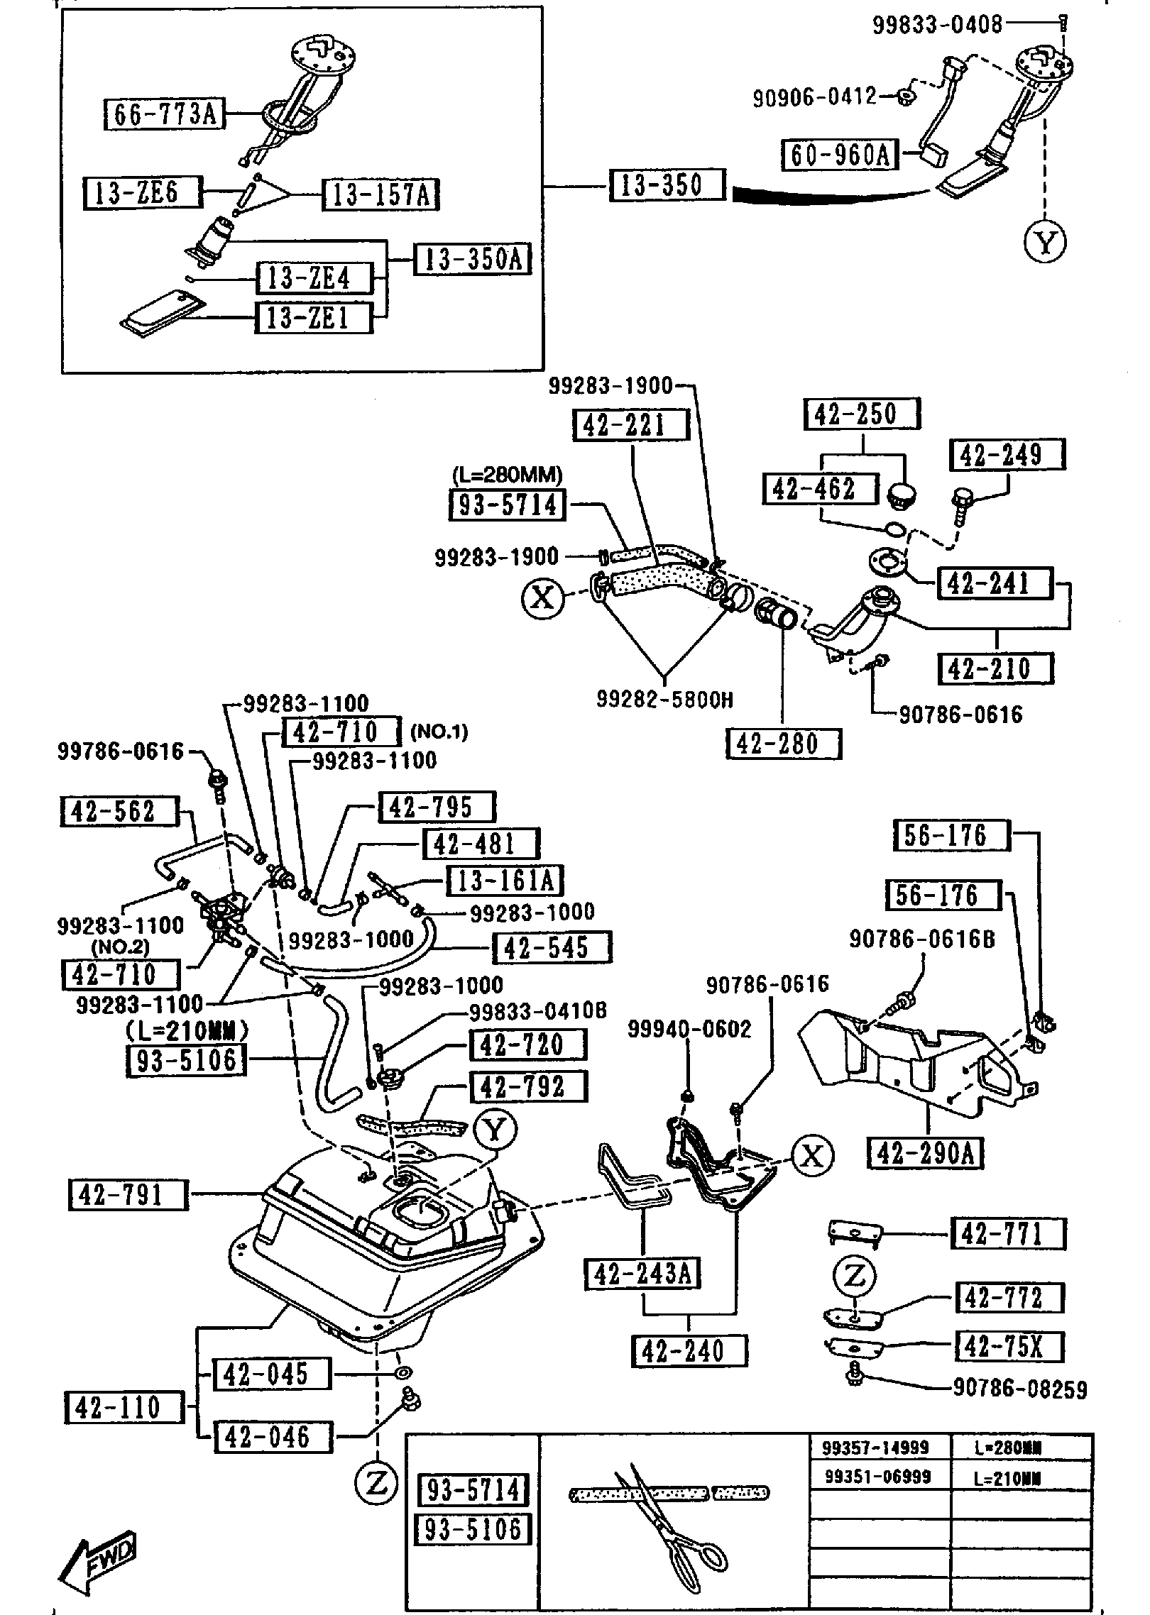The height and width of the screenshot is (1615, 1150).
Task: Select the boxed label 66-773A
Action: pyautogui.click(x=165, y=114)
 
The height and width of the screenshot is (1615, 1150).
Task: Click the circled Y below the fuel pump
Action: pyautogui.click(x=1045, y=243)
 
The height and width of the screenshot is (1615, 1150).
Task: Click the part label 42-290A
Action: pyautogui.click(x=926, y=1154)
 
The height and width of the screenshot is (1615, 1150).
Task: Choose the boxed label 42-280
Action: pyautogui.click(x=782, y=744)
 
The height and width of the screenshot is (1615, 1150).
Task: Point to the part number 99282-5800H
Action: pyautogui.click(x=664, y=700)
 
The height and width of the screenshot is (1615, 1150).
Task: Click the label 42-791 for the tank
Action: pyautogui.click(x=128, y=1195)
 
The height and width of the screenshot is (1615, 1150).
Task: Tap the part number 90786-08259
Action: pyautogui.click(x=1019, y=1389)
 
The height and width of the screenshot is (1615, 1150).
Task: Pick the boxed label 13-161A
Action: pyautogui.click(x=504, y=881)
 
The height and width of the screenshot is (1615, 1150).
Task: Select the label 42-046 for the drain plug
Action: pyautogui.click(x=273, y=1437)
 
